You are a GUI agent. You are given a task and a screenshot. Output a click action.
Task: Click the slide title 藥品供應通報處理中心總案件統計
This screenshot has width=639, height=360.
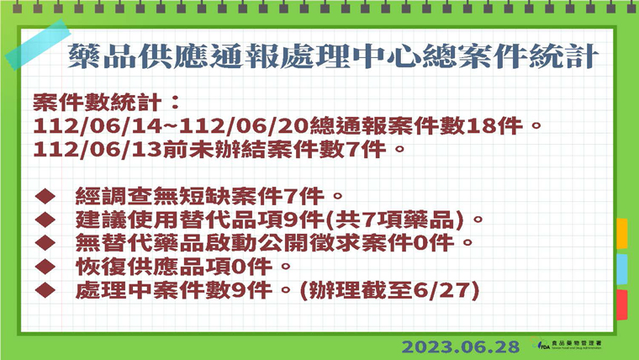333,56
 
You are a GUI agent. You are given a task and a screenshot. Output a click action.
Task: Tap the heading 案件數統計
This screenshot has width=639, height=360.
98,102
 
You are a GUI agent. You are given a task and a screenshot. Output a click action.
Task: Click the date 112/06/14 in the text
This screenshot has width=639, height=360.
98,125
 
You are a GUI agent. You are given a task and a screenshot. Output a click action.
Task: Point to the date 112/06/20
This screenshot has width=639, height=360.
244,125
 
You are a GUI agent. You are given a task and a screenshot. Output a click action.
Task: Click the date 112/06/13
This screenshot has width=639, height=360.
98,149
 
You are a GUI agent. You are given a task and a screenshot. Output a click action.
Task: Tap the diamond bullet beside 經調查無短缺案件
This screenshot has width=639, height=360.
45,196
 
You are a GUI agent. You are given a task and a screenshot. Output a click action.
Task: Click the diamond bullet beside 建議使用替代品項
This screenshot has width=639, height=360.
45,220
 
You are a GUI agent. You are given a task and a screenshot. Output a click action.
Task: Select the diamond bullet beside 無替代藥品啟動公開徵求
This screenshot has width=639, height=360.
45,243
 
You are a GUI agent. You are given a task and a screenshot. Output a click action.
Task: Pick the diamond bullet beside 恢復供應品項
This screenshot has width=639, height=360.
45,267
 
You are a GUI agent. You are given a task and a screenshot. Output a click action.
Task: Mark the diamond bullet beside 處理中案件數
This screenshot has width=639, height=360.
45,290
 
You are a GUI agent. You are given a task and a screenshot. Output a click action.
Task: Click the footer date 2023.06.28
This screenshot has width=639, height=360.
461,347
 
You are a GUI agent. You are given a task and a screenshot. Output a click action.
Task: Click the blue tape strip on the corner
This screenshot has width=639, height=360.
38,45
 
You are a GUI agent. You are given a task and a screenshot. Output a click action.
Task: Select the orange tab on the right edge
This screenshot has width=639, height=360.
621,234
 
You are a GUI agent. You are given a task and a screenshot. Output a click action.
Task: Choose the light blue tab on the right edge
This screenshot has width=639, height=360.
621,269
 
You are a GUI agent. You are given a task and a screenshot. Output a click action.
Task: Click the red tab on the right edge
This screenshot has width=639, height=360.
621,304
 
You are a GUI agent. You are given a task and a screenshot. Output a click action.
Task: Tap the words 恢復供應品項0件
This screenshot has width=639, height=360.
173,267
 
